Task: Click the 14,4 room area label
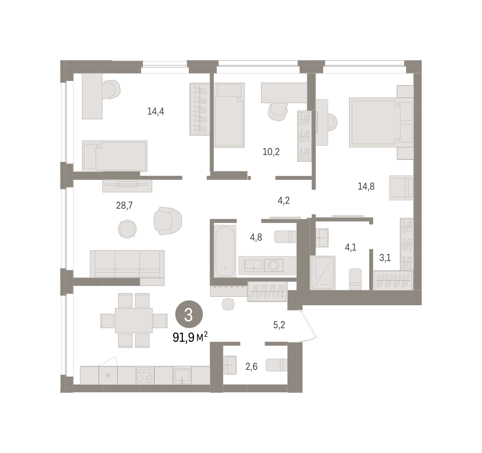[155, 111]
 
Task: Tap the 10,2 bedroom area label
[271, 152]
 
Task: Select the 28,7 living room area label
[124, 206]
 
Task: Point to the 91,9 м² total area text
[190, 337]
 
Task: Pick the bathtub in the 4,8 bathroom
[225, 251]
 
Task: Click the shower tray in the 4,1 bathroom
[323, 273]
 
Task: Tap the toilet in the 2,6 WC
[276, 365]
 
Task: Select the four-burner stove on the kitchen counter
[145, 375]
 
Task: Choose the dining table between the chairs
[134, 320]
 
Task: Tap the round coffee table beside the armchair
[127, 229]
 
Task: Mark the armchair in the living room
[168, 220]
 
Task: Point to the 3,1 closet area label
[385, 258]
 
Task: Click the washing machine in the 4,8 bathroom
[274, 265]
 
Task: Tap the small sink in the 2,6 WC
[230, 365]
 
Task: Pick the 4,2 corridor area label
[284, 201]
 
